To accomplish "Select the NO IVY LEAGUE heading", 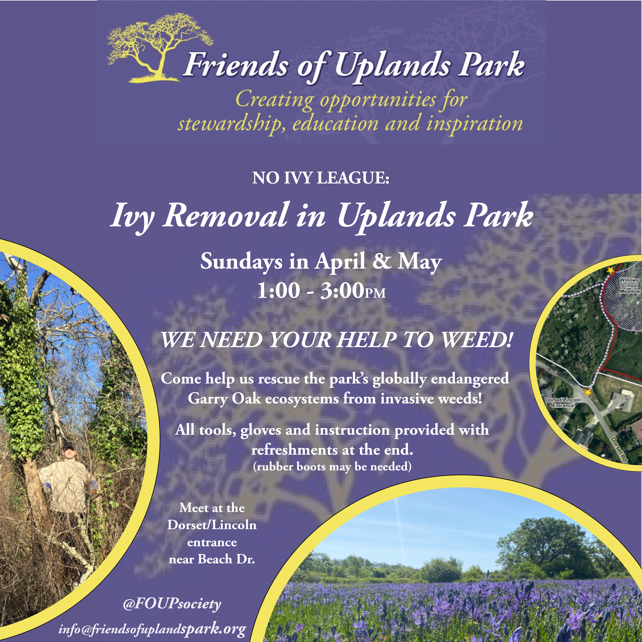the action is click(321, 178).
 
